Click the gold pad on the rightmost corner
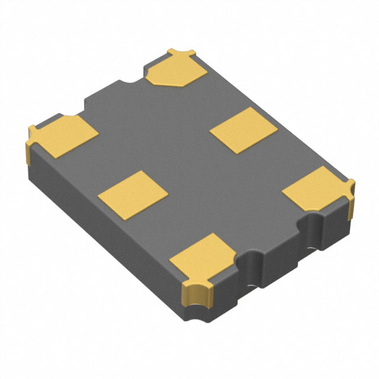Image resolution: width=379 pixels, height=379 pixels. pyautogui.click(x=317, y=188)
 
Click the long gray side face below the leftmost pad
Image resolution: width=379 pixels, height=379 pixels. pyautogui.click(x=101, y=225)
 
